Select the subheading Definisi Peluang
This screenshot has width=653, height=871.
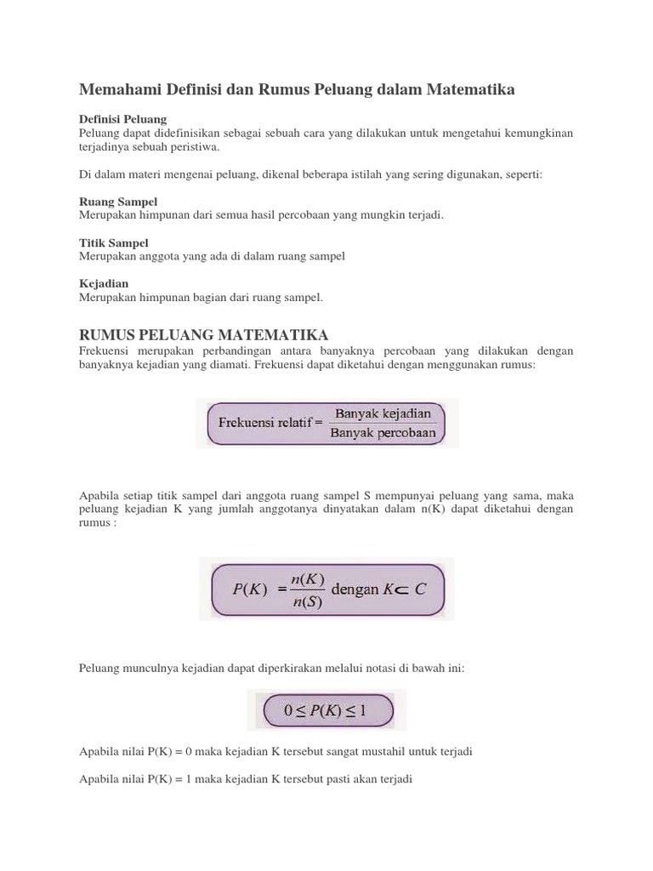122,119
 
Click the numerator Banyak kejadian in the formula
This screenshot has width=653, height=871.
383,413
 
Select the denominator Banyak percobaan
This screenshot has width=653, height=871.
384,433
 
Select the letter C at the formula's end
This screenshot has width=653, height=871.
419,589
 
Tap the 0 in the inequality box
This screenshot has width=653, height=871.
277,709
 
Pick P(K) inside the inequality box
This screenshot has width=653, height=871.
326,709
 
